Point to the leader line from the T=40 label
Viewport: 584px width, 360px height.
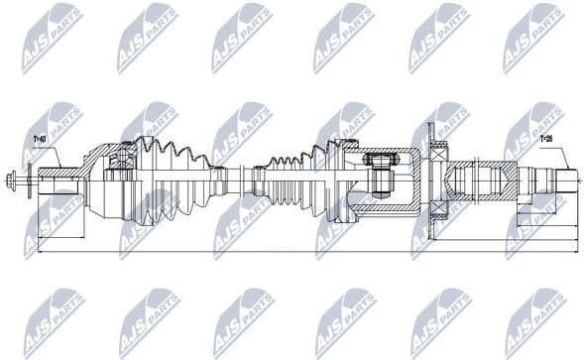tap(54, 155)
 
